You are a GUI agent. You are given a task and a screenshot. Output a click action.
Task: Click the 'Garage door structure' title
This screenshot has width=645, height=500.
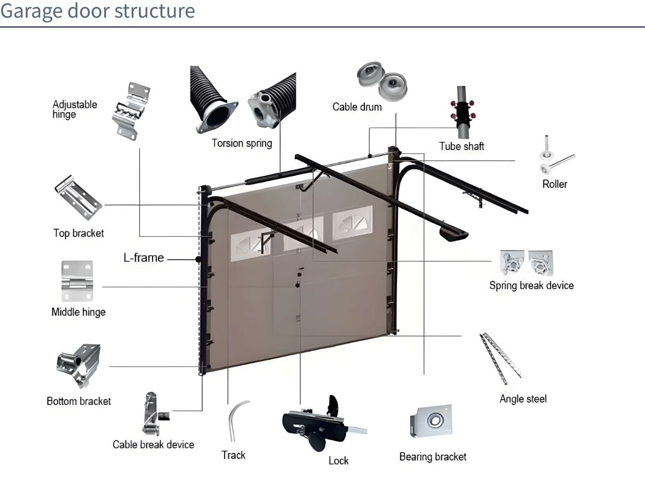tap(98, 11)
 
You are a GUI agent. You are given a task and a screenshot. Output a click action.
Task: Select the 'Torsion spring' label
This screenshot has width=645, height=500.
tap(242, 143)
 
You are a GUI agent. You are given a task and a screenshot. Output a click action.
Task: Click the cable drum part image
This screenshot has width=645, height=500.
tap(382, 80)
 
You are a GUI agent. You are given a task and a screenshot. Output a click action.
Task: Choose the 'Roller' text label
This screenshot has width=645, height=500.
tap(554, 184)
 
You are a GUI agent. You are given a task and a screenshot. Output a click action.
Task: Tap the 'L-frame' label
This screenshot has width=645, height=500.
tap(144, 258)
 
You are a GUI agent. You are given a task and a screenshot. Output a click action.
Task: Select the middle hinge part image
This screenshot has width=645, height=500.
tap(78, 281)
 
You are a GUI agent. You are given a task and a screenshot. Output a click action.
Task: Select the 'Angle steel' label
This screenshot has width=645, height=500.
tap(523, 399)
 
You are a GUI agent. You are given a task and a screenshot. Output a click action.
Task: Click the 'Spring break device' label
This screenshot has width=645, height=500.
tap(531, 285)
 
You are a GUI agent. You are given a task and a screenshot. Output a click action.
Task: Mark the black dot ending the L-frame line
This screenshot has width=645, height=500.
tap(198, 260)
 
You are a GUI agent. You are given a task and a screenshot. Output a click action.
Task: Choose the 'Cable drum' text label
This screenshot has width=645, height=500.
tap(357, 107)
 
